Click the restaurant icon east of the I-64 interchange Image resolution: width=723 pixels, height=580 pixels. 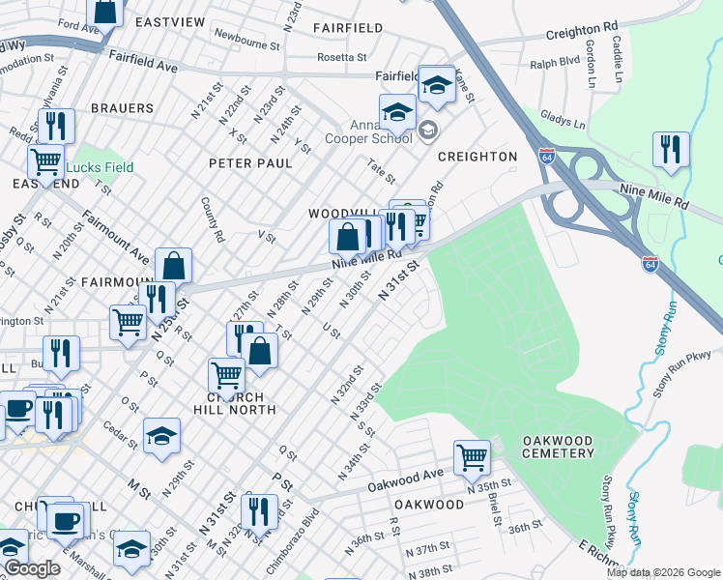pyautogui.click(x=670, y=150)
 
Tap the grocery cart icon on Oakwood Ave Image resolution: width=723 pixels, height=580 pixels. pyautogui.click(x=471, y=456)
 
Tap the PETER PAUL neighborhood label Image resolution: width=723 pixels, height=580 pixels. pyautogui.click(x=250, y=163)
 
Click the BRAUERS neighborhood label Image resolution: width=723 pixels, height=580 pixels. pyautogui.click(x=123, y=108)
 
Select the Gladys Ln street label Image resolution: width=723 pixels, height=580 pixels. pyautogui.click(x=565, y=119)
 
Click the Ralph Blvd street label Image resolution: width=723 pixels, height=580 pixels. pyautogui.click(x=554, y=66)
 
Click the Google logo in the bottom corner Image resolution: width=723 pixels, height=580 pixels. pyautogui.click(x=31, y=568)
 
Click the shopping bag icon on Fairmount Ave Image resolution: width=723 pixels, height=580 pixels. pyautogui.click(x=173, y=265)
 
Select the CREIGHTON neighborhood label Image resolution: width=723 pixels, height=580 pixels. pyautogui.click(x=477, y=157)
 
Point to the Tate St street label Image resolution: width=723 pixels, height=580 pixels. pyautogui.click(x=382, y=173)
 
